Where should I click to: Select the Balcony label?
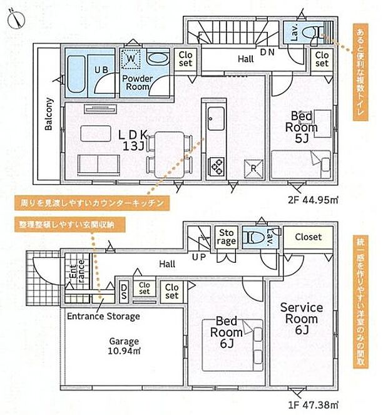[49, 114]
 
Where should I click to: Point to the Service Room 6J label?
[301, 313]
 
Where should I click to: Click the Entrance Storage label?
[103, 317]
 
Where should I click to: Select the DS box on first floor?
[124, 289]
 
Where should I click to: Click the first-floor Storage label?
[226, 237]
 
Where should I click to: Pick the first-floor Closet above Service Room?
[308, 237]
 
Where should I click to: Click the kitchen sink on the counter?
[215, 117]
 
